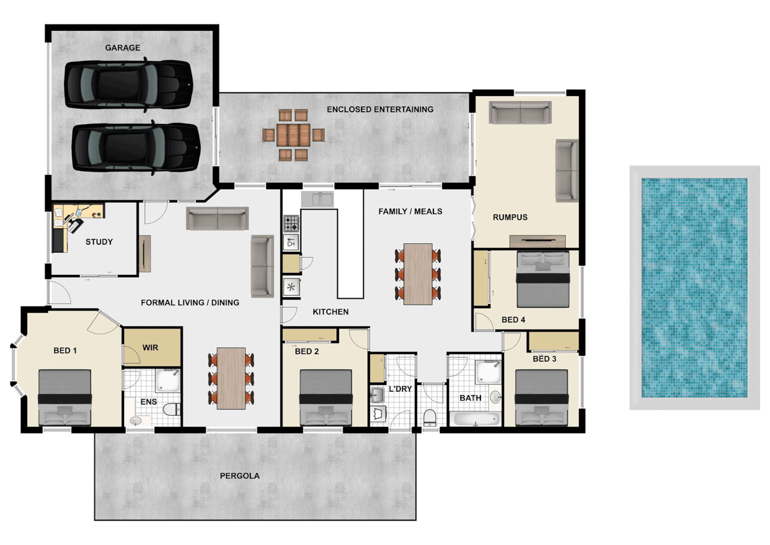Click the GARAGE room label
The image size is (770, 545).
coord(122,48)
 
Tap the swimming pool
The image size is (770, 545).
coord(694,287)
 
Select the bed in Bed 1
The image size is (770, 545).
coord(65,398)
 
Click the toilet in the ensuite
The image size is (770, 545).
coord(172,409)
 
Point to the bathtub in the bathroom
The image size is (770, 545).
coord(476,419)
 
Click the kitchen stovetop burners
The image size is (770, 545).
coord(291,223)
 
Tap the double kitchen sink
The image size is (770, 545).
coord(317,199)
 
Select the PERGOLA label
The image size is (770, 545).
coord(239,476)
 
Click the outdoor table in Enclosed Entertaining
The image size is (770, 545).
coord(293,135)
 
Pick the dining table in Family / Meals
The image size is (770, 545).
coord(418,274)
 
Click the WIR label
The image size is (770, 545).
coord(150,348)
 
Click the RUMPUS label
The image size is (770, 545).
coord(510,217)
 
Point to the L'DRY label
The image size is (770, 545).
coord(400,389)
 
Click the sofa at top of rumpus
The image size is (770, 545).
coord(520,113)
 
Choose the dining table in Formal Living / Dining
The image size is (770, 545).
coord(231,378)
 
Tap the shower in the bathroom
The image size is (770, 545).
coord(488,372)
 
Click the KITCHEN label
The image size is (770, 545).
coord(331,312)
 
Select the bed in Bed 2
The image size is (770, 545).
coord(326,398)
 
